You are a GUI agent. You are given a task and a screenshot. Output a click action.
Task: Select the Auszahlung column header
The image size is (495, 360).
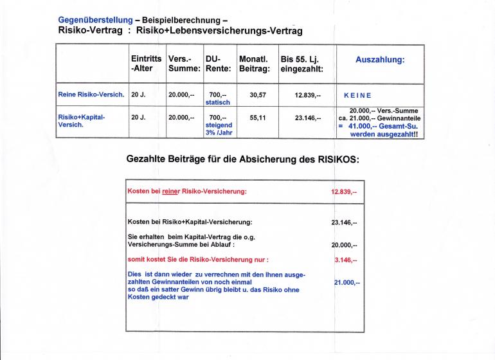click(380, 59)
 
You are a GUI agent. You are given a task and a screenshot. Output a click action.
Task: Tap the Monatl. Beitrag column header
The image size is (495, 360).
click(254, 64)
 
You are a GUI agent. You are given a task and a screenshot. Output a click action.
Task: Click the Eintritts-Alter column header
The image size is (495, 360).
click(146, 64)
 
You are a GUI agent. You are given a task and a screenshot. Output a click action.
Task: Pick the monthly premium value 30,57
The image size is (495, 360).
click(258, 94)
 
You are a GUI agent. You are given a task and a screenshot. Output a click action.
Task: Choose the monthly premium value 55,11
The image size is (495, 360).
click(258, 118)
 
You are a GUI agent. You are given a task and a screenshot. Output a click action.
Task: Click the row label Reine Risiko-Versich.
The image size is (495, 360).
click(91, 94)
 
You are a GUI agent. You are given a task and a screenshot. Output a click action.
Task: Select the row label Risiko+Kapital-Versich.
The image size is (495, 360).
click(81, 121)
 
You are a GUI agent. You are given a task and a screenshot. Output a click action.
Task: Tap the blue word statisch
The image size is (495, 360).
click(217, 102)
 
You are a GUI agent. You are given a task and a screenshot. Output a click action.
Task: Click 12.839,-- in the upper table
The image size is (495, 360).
click(307, 94)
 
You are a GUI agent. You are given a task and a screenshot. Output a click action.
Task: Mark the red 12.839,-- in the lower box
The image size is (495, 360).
click(344, 192)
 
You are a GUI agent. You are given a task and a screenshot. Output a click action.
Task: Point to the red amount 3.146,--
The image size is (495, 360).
click(346, 260)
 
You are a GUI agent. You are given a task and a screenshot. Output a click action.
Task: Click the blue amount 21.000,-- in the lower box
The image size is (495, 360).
click(348, 282)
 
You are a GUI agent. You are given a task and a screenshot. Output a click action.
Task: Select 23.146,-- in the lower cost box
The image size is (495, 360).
click(344, 222)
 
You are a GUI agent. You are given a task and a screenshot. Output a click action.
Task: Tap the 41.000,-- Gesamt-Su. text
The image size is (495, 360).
click(383, 127)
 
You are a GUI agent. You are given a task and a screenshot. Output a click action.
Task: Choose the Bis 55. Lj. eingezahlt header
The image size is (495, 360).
click(301, 64)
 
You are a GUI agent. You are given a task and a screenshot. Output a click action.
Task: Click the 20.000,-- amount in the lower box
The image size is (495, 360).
click(344, 245)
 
